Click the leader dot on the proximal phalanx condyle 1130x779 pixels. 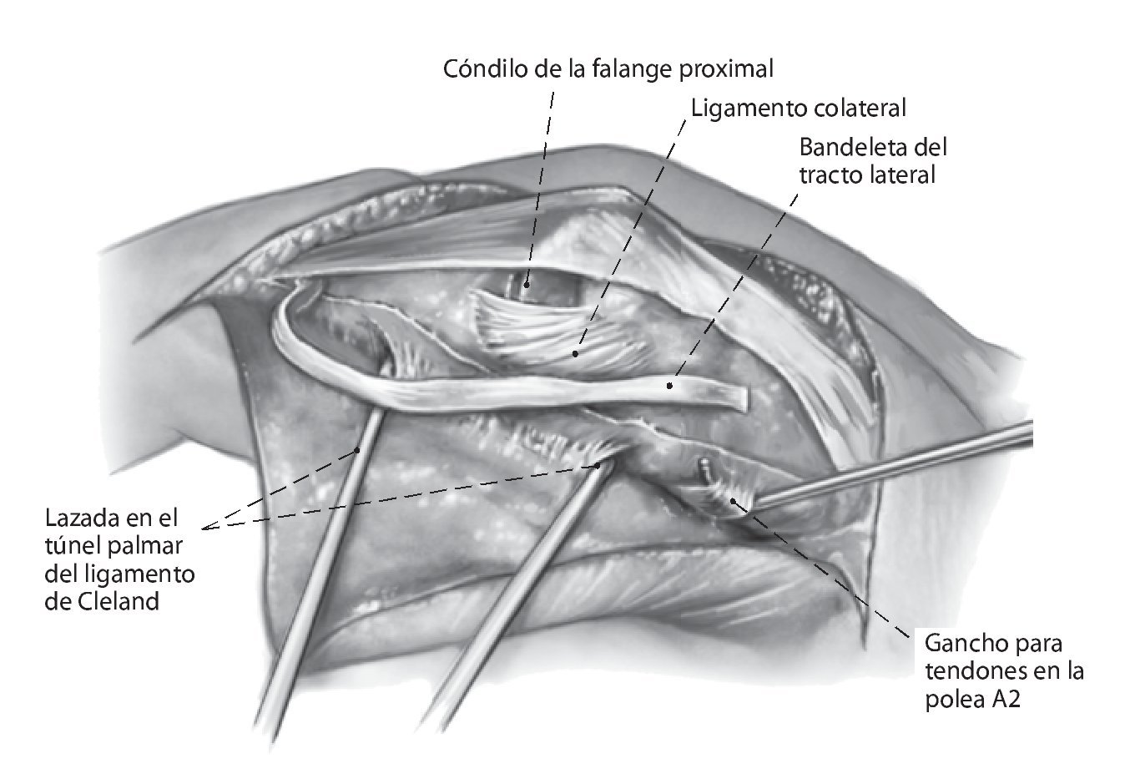click(x=527, y=286)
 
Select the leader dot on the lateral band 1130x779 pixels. click(x=669, y=386)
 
